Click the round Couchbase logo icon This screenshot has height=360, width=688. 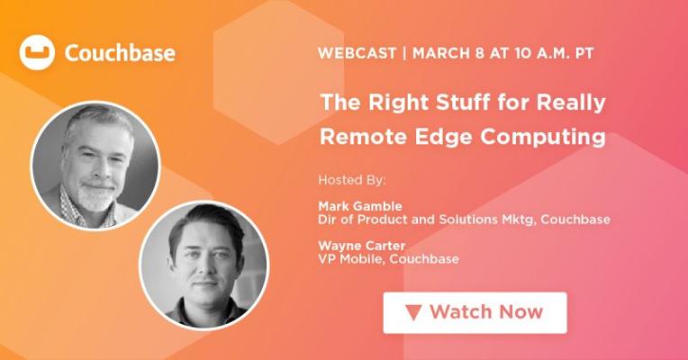point(37,52)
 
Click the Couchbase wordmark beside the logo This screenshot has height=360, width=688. point(120,53)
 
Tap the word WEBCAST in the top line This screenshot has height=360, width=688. point(357,53)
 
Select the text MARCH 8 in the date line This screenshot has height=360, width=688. point(448,53)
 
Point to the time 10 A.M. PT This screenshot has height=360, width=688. point(554,53)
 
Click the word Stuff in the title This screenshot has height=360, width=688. point(463,103)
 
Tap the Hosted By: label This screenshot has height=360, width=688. point(352,180)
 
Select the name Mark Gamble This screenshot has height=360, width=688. point(360,206)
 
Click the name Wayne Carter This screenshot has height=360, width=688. point(361,246)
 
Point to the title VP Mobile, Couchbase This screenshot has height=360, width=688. point(389,259)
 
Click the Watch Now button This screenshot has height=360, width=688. point(475,312)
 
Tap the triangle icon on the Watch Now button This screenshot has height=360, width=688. point(413,312)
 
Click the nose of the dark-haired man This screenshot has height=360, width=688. point(206,269)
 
